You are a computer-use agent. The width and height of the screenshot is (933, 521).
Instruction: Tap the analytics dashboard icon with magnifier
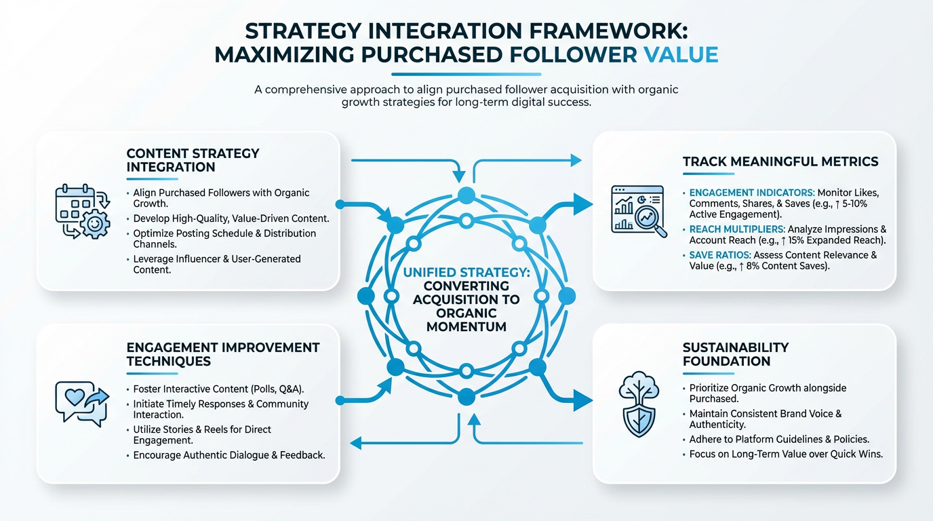coord(638,210)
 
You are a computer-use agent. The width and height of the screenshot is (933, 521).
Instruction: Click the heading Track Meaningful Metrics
coord(780,161)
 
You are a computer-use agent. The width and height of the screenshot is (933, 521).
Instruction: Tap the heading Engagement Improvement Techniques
coord(222,354)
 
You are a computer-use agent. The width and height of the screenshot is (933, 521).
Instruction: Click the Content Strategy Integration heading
coord(193,160)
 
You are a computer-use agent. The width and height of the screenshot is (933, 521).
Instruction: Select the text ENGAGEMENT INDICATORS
coord(751,193)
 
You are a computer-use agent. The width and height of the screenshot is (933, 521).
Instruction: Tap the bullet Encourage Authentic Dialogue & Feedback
coord(229,455)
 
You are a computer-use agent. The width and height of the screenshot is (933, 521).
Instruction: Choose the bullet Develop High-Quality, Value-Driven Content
coord(231,218)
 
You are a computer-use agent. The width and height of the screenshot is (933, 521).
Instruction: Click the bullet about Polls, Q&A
coord(218,389)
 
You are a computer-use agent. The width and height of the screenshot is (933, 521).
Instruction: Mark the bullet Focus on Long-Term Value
coord(786,454)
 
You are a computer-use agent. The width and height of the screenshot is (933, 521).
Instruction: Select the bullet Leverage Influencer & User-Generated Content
coord(216,264)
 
